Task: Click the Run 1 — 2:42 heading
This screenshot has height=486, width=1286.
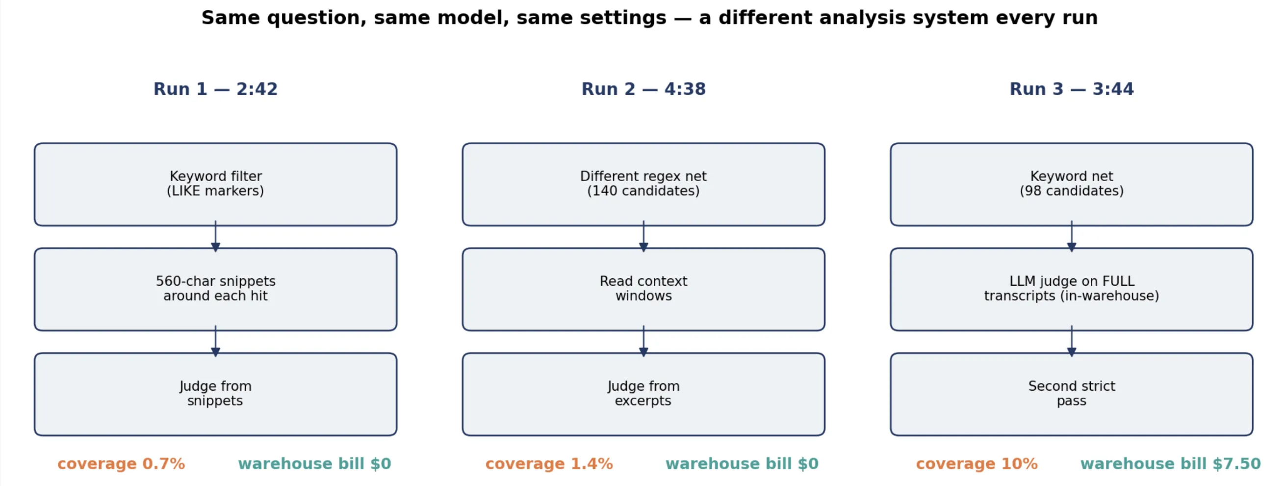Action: click(x=215, y=89)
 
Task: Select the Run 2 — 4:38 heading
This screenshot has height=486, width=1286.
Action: click(x=643, y=89)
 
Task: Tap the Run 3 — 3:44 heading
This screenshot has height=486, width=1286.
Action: click(x=1071, y=89)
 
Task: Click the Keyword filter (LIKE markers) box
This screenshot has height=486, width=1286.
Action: click(x=215, y=184)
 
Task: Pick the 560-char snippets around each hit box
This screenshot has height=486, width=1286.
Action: click(x=215, y=289)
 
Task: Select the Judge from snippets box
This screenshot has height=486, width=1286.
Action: click(x=215, y=394)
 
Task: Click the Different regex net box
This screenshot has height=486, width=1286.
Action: click(x=643, y=184)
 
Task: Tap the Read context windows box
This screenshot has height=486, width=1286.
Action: click(x=643, y=289)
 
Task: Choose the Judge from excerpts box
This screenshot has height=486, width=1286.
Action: click(x=643, y=394)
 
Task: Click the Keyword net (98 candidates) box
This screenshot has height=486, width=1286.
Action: click(x=1071, y=184)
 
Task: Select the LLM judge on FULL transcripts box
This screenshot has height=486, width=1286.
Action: click(x=1071, y=289)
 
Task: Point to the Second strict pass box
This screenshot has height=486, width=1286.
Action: click(x=1071, y=394)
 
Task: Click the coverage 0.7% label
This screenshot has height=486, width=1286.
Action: click(x=121, y=464)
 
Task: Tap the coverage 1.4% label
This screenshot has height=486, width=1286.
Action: click(x=549, y=464)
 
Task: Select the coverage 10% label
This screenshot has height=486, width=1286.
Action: click(x=977, y=464)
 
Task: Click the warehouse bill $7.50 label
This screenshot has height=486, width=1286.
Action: click(x=1171, y=464)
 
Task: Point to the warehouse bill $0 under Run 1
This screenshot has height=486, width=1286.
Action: click(x=314, y=464)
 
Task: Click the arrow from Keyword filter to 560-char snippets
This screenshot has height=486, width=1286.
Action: click(x=215, y=236)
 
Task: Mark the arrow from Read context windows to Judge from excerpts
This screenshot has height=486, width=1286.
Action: click(x=643, y=341)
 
